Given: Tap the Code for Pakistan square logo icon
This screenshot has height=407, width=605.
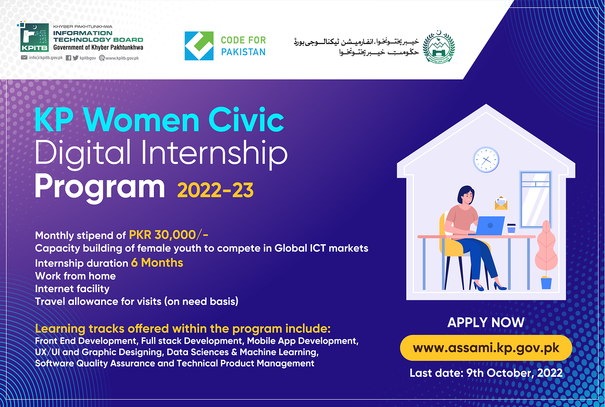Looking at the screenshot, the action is (199, 46).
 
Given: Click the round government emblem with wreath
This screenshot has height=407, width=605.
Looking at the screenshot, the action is (439, 47).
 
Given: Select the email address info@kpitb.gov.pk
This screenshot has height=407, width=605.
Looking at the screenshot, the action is (46, 58).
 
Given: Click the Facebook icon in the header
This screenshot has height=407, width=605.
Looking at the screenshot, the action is (69, 58).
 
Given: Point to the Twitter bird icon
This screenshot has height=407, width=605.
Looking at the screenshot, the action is (76, 58).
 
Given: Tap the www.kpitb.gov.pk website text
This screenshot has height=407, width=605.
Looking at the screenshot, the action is (122, 58).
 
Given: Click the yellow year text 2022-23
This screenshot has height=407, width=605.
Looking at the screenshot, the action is (215, 190).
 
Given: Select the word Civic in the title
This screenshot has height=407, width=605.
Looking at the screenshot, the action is (246, 120).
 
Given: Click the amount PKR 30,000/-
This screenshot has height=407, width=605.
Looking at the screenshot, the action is (169, 235).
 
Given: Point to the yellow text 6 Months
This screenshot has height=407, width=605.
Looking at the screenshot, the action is (157, 263).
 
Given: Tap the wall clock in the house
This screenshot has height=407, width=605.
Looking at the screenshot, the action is (486, 160).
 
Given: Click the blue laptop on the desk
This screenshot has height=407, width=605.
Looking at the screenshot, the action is (489, 225).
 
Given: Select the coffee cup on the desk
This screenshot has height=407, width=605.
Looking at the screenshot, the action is (511, 228).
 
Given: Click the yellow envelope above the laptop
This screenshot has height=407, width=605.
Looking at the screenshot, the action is (501, 203).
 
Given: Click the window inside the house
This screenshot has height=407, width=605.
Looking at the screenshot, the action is (535, 199).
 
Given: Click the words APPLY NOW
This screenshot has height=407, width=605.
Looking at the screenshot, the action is (486, 322).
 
